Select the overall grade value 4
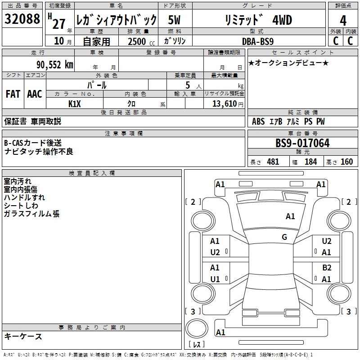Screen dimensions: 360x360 pyautogui.click(x=343, y=21)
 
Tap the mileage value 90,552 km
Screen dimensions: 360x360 pyautogui.click(x=55, y=65)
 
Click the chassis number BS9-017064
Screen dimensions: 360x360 pyautogui.click(x=302, y=144)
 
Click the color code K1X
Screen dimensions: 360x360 pyautogui.click(x=75, y=103)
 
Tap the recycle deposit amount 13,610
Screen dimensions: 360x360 pyautogui.click(x=224, y=104)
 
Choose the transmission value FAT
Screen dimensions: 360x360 pyautogui.click(x=13, y=94)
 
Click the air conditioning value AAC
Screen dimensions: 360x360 pyautogui.click(x=35, y=94)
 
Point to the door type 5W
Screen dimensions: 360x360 pyautogui.click(x=174, y=20)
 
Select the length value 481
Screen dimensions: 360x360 pyautogui.click(x=273, y=162)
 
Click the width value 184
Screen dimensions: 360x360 pyautogui.click(x=310, y=162)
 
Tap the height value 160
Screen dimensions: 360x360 pyautogui.click(x=346, y=162)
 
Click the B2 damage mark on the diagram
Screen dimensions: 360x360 pyautogui.click(x=327, y=267)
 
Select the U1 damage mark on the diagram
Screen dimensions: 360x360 pyautogui.click(x=215, y=279)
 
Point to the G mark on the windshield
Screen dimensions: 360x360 pyautogui.click(x=284, y=237)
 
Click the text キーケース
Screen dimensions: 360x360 pyautogui.click(x=23, y=336)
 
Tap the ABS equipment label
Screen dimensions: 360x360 pyautogui.click(x=258, y=121)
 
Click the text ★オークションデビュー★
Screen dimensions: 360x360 pyautogui.click(x=288, y=63)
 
